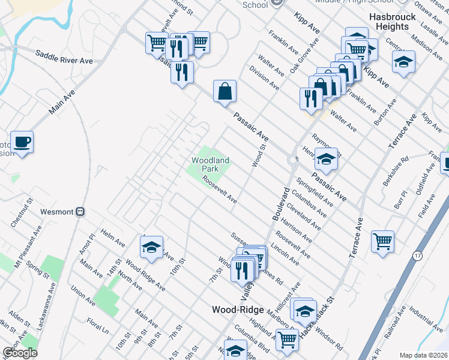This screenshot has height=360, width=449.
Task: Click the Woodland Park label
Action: [210, 165]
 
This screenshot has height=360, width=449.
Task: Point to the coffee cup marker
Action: [22, 142]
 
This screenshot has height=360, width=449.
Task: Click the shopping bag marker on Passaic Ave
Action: [224, 92]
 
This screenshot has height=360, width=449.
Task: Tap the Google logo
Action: [20, 352]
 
